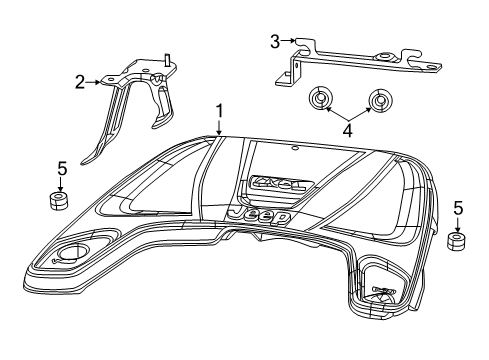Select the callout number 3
274,40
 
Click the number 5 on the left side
61,168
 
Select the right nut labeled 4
378,102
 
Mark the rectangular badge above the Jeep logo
280,184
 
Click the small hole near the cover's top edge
296,150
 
